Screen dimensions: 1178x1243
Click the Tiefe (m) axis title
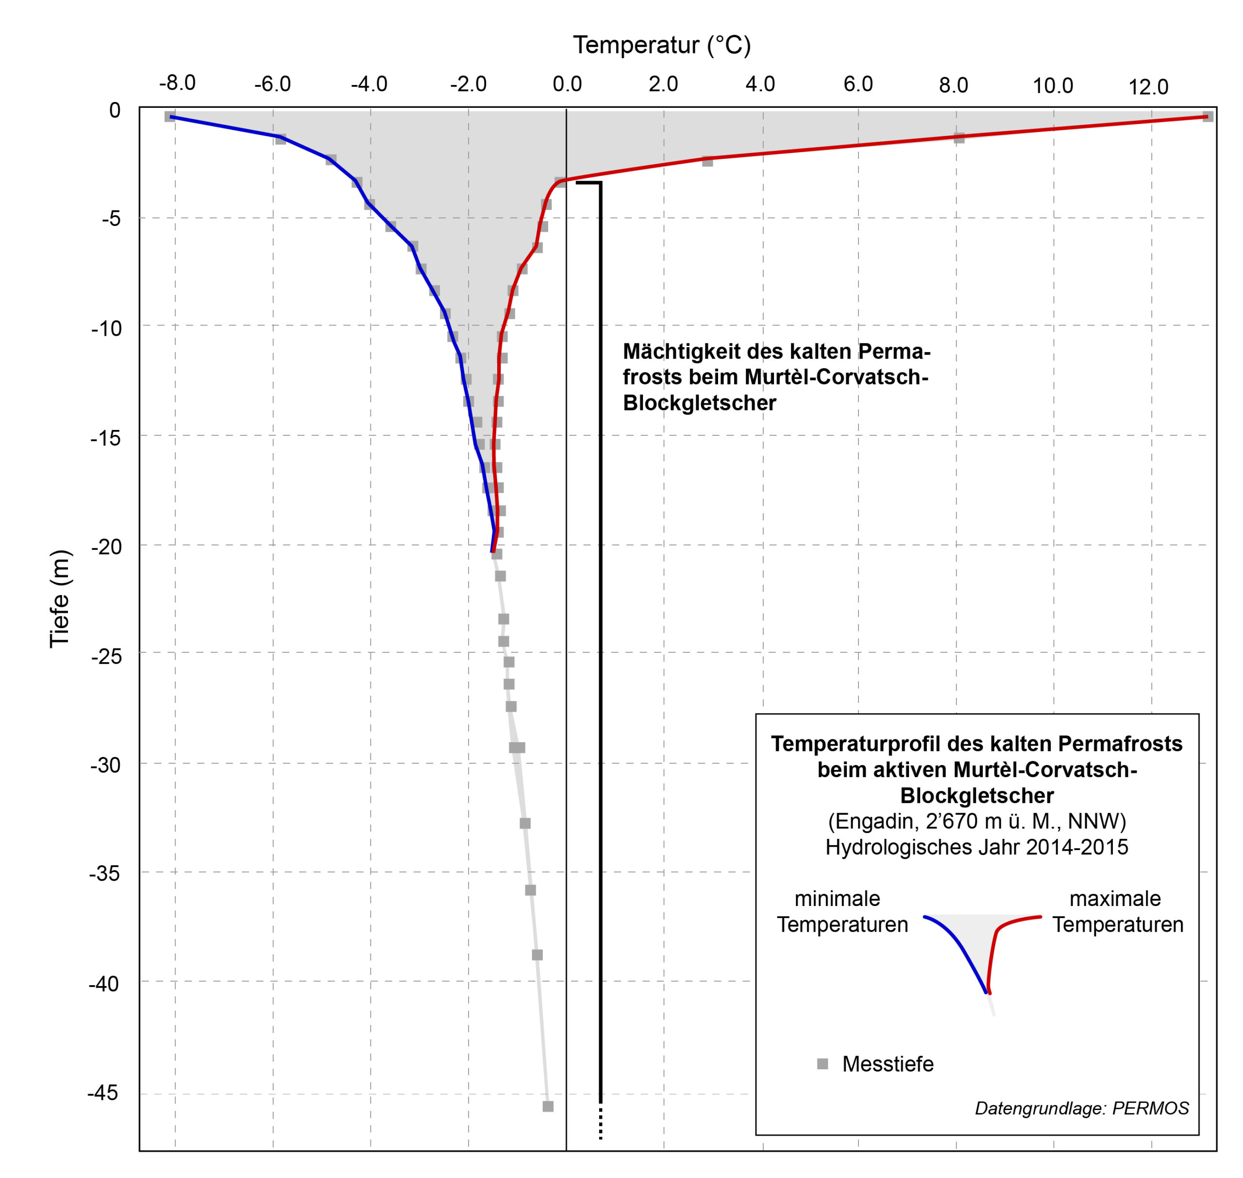(x=60, y=598)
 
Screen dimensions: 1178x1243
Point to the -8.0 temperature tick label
(x=177, y=83)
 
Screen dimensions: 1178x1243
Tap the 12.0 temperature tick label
(x=1148, y=86)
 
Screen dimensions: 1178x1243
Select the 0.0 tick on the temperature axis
(x=567, y=84)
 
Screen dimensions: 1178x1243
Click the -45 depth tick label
(x=103, y=1093)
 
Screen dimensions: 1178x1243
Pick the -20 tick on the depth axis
(x=106, y=546)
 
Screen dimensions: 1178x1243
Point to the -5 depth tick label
(x=111, y=219)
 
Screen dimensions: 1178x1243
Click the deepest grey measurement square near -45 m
(x=547, y=1106)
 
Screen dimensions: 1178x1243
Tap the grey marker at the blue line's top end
(x=169, y=116)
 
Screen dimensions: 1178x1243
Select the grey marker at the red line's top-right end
(x=1207, y=116)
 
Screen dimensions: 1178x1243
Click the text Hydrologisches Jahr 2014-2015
(x=976, y=847)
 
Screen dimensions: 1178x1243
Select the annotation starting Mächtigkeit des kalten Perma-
(x=776, y=377)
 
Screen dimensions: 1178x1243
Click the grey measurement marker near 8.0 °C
(x=958, y=138)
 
